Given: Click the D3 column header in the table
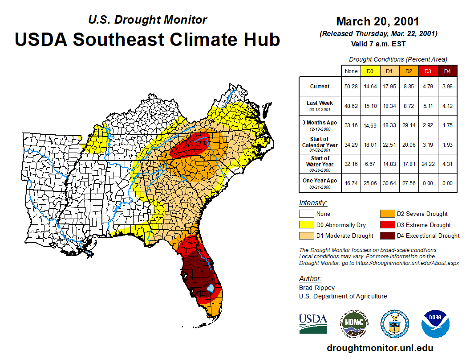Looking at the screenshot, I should click(x=428, y=71).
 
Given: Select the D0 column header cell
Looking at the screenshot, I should click(x=370, y=71).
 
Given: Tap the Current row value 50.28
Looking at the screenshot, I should click(x=351, y=87).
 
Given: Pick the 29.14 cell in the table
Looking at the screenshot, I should click(x=409, y=125).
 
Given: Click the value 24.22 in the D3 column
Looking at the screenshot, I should click(x=428, y=164).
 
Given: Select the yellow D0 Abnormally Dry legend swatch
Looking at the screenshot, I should click(x=307, y=225).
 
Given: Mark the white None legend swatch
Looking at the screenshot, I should click(x=307, y=214).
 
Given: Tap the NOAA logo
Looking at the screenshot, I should click(x=436, y=323).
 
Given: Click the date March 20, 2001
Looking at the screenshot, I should click(x=377, y=21).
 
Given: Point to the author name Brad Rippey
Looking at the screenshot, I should click(x=316, y=288).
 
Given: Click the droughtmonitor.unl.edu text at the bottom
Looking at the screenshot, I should click(x=380, y=348).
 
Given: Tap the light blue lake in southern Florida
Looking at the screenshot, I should click(x=211, y=288).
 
